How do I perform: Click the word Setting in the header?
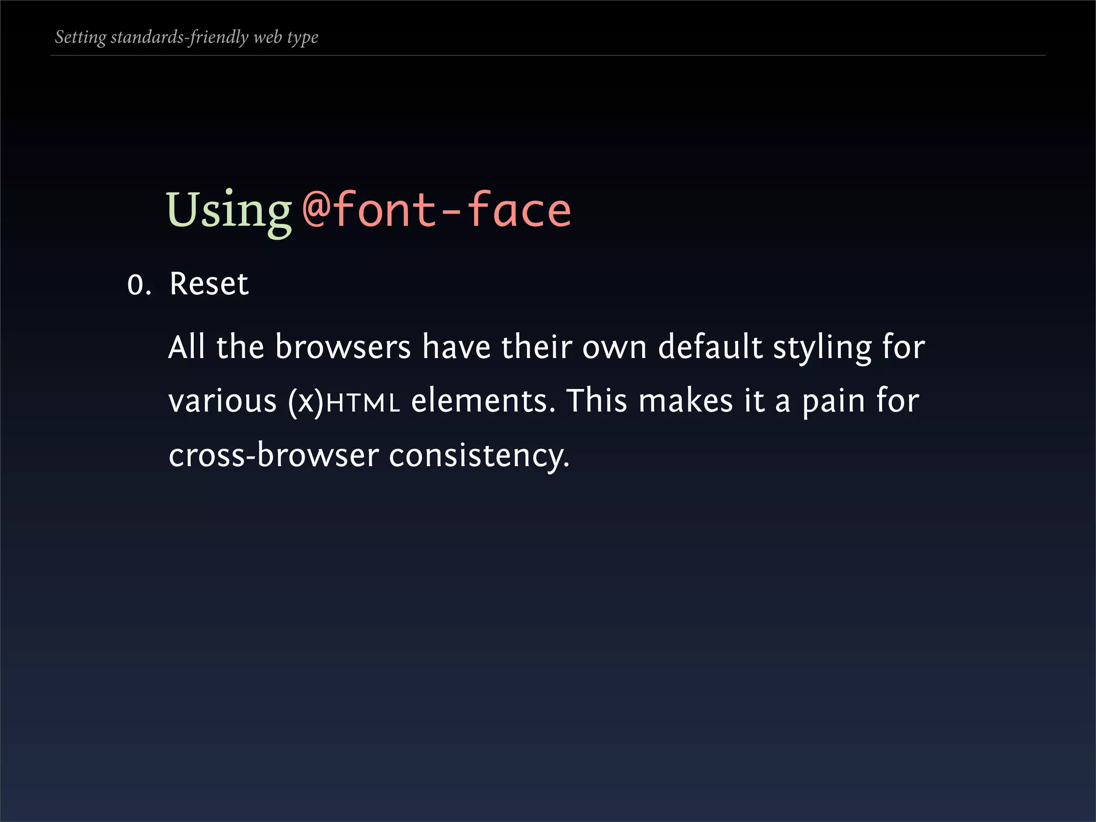coord(81,37)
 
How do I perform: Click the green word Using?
coord(229,211)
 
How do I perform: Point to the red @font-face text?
coord(437,210)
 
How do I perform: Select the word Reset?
coord(209,284)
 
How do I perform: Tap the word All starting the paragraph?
coord(187,347)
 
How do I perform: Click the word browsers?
coord(342,347)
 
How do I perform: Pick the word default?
coord(710,347)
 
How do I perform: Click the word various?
coord(222,401)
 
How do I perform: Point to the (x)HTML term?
coord(344,402)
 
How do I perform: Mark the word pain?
coord(833,402)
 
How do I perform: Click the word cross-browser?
coord(273,455)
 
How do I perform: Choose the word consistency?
coord(479,456)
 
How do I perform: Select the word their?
coord(536,347)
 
